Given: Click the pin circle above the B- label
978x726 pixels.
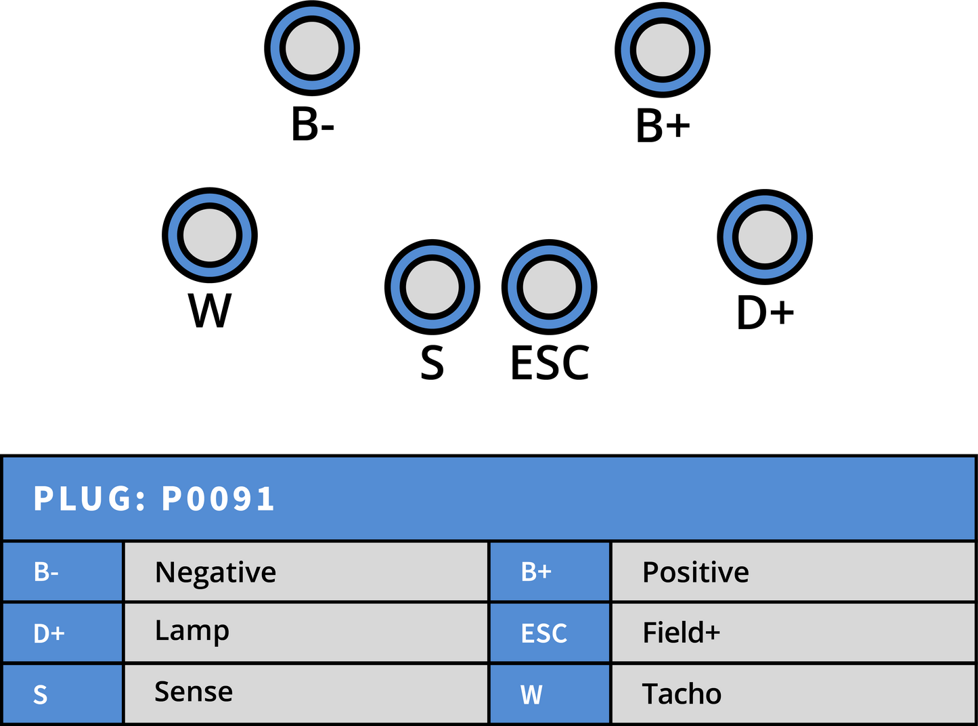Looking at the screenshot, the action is pyautogui.click(x=312, y=48).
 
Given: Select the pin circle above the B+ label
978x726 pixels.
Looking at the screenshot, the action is pyautogui.click(x=663, y=50).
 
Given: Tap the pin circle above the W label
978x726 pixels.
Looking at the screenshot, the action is pyautogui.click(x=209, y=235).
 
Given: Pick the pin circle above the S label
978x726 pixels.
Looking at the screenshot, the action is pyautogui.click(x=432, y=287).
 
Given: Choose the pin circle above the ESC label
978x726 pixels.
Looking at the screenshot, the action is pyautogui.click(x=549, y=287).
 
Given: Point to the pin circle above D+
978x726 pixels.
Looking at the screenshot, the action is pyautogui.click(x=765, y=237).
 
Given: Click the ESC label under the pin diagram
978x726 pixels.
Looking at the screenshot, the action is pyautogui.click(x=550, y=362).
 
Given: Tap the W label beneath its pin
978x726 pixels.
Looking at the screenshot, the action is pyautogui.click(x=209, y=310).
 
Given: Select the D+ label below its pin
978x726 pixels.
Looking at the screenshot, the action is pyautogui.click(x=765, y=312).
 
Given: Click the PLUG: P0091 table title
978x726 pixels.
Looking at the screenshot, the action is pyautogui.click(x=154, y=498).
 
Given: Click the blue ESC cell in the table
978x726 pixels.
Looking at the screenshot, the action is pyautogui.click(x=550, y=633).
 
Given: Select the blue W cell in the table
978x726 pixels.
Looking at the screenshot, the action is pyautogui.click(x=550, y=693).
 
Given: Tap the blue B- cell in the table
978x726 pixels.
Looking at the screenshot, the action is pyautogui.click(x=62, y=572).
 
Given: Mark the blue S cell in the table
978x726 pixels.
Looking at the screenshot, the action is pyautogui.click(x=62, y=693).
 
